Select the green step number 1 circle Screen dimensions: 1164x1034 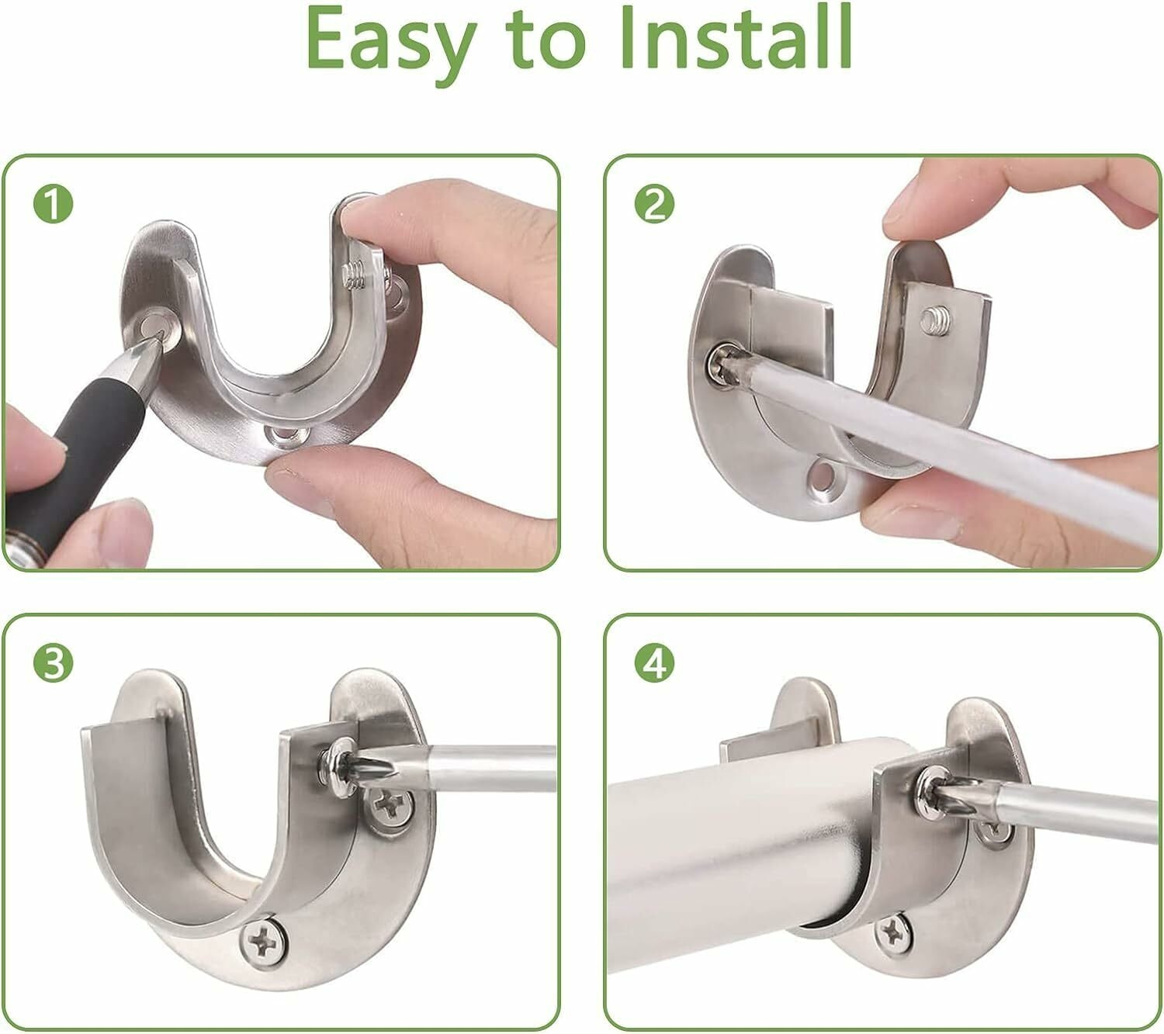tap(54, 204)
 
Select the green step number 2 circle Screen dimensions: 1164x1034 tap(654, 204)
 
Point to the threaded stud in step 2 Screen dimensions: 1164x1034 tap(934, 320)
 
